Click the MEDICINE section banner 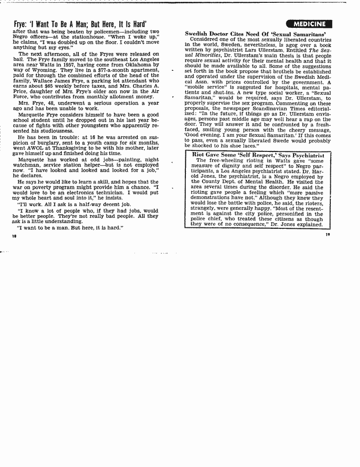click(x=309, y=24)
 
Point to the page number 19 click(x=328, y=234)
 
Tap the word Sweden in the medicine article click(x=241, y=45)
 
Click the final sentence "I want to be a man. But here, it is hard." click(x=69, y=227)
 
